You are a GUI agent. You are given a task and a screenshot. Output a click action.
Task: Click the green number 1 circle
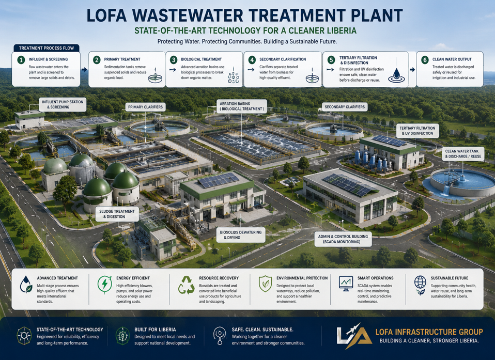click(x=21, y=59)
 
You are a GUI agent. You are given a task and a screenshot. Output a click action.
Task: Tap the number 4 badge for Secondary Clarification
click(x=252, y=60)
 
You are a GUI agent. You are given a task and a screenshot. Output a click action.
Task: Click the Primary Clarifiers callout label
click(x=145, y=107)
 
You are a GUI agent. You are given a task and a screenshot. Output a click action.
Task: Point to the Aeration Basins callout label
click(x=241, y=106)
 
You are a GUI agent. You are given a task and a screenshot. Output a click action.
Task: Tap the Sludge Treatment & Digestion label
click(x=117, y=214)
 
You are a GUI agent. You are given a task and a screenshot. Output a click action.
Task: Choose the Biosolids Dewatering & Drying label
click(x=241, y=234)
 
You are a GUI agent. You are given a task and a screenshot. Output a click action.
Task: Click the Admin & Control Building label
click(x=343, y=239)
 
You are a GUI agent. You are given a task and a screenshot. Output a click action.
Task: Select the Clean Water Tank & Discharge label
click(x=463, y=153)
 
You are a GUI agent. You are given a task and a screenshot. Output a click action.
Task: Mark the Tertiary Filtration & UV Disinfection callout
click(x=417, y=131)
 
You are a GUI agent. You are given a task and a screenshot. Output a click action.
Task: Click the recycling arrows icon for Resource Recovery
click(x=186, y=285)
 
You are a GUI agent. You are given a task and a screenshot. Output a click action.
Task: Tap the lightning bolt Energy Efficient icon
click(x=104, y=284)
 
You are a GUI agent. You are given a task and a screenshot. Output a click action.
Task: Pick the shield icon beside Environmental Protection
click(x=265, y=284)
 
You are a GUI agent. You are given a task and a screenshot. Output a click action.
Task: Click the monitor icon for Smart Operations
click(x=346, y=283)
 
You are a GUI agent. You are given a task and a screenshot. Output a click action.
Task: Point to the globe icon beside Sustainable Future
click(x=420, y=285)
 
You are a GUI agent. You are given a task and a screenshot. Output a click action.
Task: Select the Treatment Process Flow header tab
click(x=47, y=48)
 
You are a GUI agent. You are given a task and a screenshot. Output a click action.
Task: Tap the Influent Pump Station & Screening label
click(x=63, y=104)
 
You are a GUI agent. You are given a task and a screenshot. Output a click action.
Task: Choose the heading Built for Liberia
click(x=155, y=330)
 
